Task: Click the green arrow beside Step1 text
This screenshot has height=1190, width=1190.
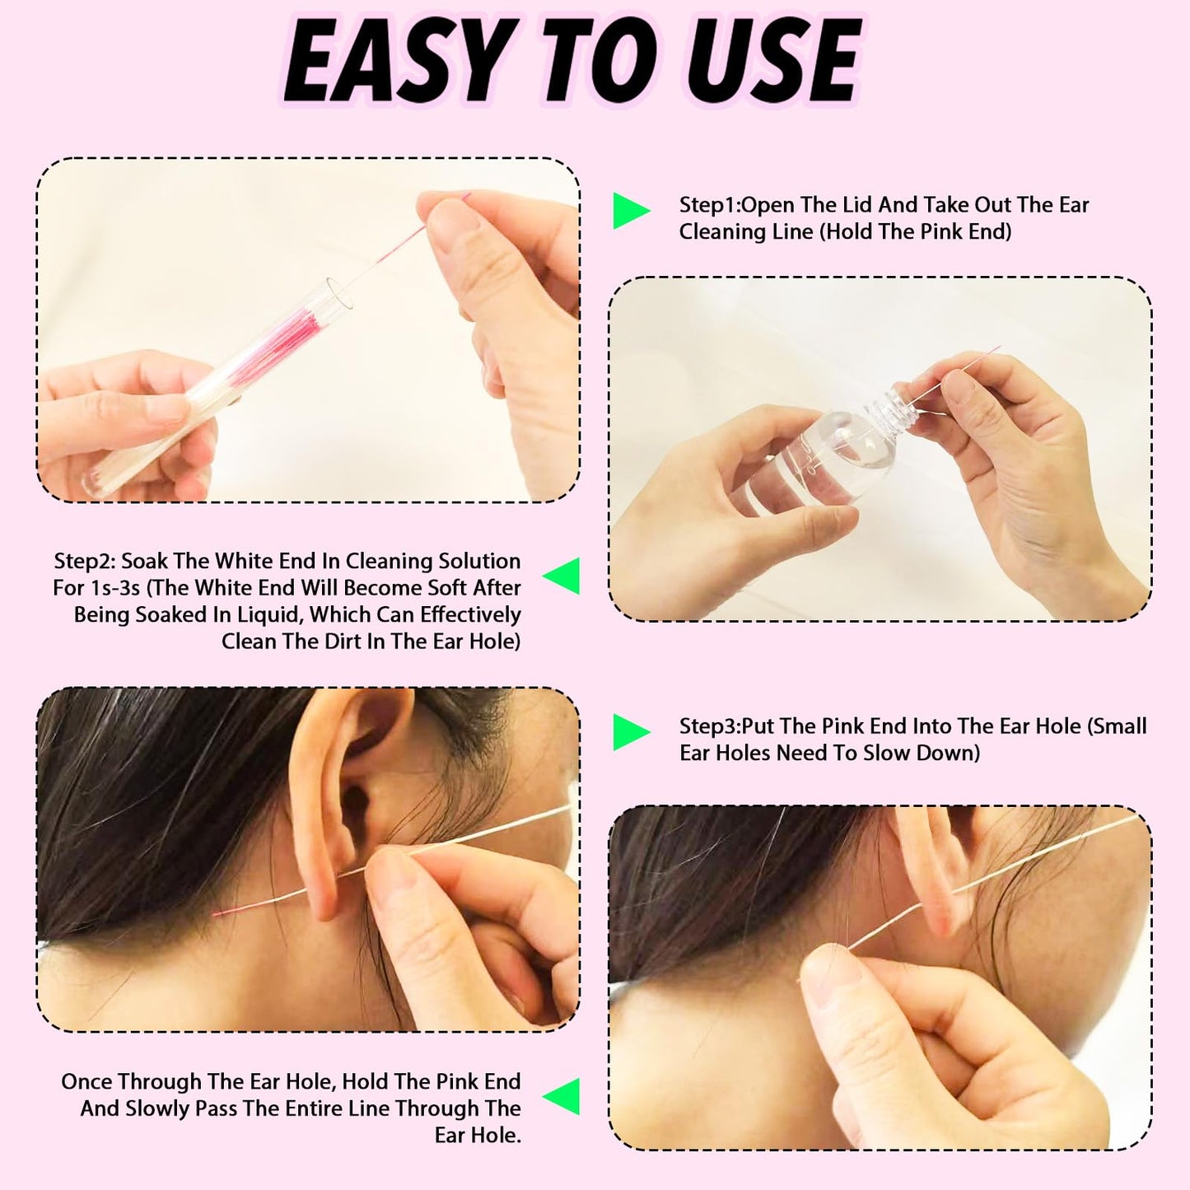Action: click(x=631, y=212)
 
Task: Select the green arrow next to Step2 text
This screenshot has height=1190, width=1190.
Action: click(x=562, y=576)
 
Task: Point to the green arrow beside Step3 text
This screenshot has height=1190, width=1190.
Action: click(x=631, y=731)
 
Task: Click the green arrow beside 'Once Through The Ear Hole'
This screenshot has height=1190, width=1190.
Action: click(x=562, y=1096)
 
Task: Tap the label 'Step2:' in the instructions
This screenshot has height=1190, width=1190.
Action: click(x=84, y=562)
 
